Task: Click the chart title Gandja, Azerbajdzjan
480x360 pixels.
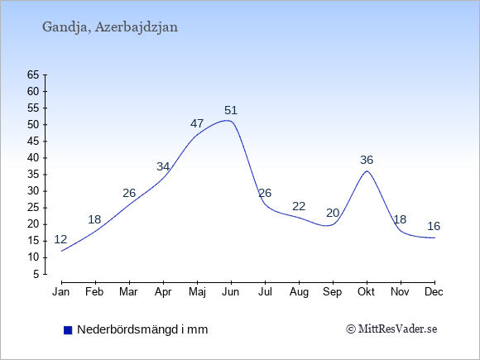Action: click(x=110, y=27)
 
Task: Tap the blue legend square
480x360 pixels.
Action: click(x=68, y=330)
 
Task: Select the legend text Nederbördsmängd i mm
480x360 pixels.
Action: click(x=142, y=329)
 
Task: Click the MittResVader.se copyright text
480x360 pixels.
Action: click(x=391, y=329)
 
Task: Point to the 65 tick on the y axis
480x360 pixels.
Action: click(x=33, y=74)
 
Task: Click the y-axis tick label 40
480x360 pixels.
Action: click(x=33, y=158)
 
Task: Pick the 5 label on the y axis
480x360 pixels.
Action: click(x=36, y=274)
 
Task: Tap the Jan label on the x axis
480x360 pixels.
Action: click(x=61, y=292)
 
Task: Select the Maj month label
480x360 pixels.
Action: click(x=197, y=292)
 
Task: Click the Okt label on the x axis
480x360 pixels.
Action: click(x=366, y=292)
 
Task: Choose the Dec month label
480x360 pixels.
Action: click(x=434, y=292)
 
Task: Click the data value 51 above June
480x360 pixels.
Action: click(x=231, y=110)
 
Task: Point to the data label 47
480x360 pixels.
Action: click(x=197, y=123)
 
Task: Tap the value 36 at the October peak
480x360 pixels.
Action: click(x=367, y=160)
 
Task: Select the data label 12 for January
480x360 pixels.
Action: click(x=60, y=239)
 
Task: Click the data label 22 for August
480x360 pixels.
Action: click(x=299, y=206)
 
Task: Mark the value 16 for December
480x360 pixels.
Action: click(x=434, y=226)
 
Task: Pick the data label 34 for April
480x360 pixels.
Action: click(x=163, y=166)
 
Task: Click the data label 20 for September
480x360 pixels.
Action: click(x=333, y=213)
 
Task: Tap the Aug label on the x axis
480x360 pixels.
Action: click(x=299, y=292)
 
